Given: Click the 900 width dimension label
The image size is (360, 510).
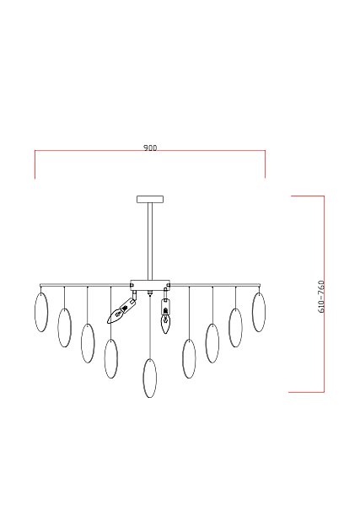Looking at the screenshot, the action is tap(150, 148).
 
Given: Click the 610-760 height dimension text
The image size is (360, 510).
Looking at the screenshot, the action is tap(321, 297).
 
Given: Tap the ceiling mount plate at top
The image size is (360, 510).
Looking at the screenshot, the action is tap(150, 199).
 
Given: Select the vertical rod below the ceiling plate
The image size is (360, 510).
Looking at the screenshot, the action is tap(150, 241).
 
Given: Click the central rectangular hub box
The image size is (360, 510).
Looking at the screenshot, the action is tap(150, 285).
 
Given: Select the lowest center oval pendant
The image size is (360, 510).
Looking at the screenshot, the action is tap(150, 378).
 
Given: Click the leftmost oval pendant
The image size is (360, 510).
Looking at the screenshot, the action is tap(41, 312).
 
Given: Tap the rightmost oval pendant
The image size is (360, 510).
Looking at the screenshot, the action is tap(259, 312).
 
